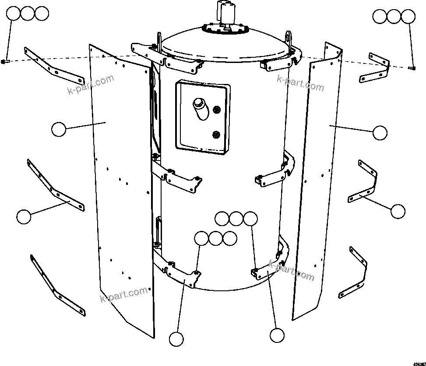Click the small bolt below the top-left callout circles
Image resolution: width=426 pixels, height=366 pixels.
4,61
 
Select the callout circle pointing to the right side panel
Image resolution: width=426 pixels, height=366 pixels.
380,132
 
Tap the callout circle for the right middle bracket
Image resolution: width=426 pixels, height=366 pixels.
398,211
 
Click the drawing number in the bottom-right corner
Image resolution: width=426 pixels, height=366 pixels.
419,363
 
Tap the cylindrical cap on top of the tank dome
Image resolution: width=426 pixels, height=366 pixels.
228,12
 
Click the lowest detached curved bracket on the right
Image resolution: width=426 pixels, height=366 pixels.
355,273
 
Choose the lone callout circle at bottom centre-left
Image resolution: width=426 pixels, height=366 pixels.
176,339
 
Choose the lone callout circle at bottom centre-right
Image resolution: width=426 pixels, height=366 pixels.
277,335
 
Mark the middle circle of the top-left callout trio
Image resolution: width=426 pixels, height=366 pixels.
28,14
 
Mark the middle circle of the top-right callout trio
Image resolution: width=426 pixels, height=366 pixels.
394,17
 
